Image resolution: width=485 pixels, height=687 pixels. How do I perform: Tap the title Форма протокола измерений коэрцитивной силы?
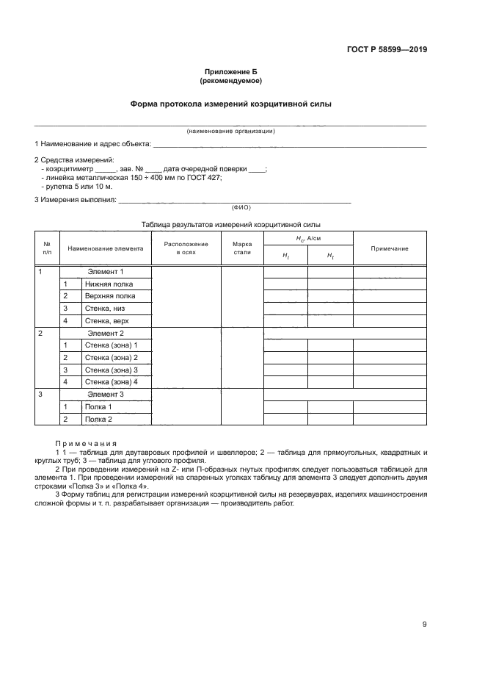tap(230, 104)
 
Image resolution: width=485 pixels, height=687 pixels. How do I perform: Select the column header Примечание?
tap(389, 248)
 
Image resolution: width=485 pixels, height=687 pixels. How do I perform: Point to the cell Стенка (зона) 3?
tap(112, 370)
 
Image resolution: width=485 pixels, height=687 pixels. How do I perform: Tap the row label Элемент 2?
tap(106, 333)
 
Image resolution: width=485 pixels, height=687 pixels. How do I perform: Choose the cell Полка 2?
tap(98, 419)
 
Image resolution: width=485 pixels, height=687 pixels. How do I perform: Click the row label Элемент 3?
tap(106, 395)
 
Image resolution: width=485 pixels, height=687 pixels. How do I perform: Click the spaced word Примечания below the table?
tap(86, 443)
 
